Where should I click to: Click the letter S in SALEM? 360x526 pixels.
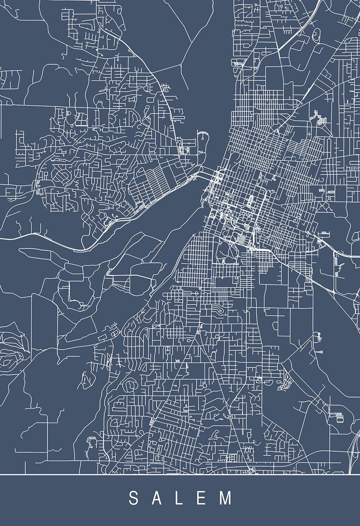pyautogui.click(x=133, y=498)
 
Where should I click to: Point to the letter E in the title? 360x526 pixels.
pyautogui.click(x=201, y=498)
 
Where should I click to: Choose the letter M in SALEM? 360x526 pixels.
pyautogui.click(x=225, y=498)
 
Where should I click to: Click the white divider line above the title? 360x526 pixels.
pyautogui.click(x=180, y=474)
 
